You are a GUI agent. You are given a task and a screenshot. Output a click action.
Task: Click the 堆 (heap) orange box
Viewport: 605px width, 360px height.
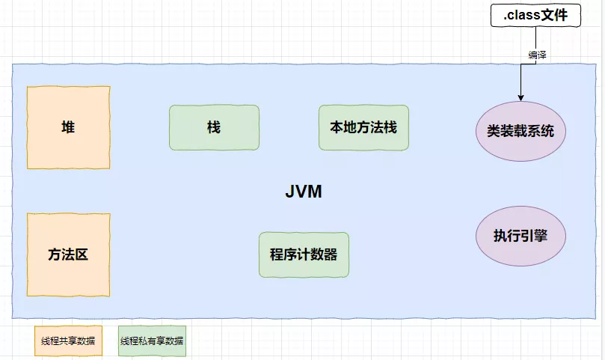click(x=68, y=127)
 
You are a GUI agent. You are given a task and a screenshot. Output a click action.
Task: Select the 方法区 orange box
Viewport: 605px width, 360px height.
click(x=68, y=254)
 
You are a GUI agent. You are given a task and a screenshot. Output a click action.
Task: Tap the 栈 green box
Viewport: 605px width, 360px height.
click(x=214, y=127)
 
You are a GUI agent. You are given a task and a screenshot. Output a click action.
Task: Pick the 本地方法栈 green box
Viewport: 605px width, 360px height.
click(x=363, y=127)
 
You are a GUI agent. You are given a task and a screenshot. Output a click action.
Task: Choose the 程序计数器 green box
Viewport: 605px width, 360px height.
click(x=304, y=254)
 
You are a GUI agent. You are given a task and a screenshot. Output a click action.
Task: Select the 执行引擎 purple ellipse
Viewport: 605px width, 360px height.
click(x=520, y=235)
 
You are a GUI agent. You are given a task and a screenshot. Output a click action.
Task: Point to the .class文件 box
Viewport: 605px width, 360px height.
click(x=535, y=14)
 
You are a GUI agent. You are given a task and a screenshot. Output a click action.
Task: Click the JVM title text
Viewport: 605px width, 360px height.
click(x=304, y=192)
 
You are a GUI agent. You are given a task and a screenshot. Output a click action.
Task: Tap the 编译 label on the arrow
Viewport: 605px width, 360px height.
click(x=537, y=55)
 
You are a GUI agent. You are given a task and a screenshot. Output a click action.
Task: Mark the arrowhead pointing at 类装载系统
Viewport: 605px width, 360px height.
click(x=520, y=95)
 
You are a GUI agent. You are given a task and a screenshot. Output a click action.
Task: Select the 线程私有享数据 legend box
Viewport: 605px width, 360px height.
click(x=152, y=341)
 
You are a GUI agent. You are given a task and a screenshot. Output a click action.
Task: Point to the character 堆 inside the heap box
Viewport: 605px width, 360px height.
click(x=68, y=127)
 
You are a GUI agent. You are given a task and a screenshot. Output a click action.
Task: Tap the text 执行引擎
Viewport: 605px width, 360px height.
click(x=520, y=235)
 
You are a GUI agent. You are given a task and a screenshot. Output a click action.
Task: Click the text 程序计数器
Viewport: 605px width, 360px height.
click(x=304, y=254)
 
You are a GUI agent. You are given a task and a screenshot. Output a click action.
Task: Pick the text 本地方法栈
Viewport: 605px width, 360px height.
click(x=363, y=127)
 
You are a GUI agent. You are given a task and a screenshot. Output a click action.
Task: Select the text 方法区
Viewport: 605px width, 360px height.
click(x=68, y=254)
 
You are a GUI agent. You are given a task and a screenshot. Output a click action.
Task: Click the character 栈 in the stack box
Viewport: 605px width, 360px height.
click(x=214, y=127)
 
